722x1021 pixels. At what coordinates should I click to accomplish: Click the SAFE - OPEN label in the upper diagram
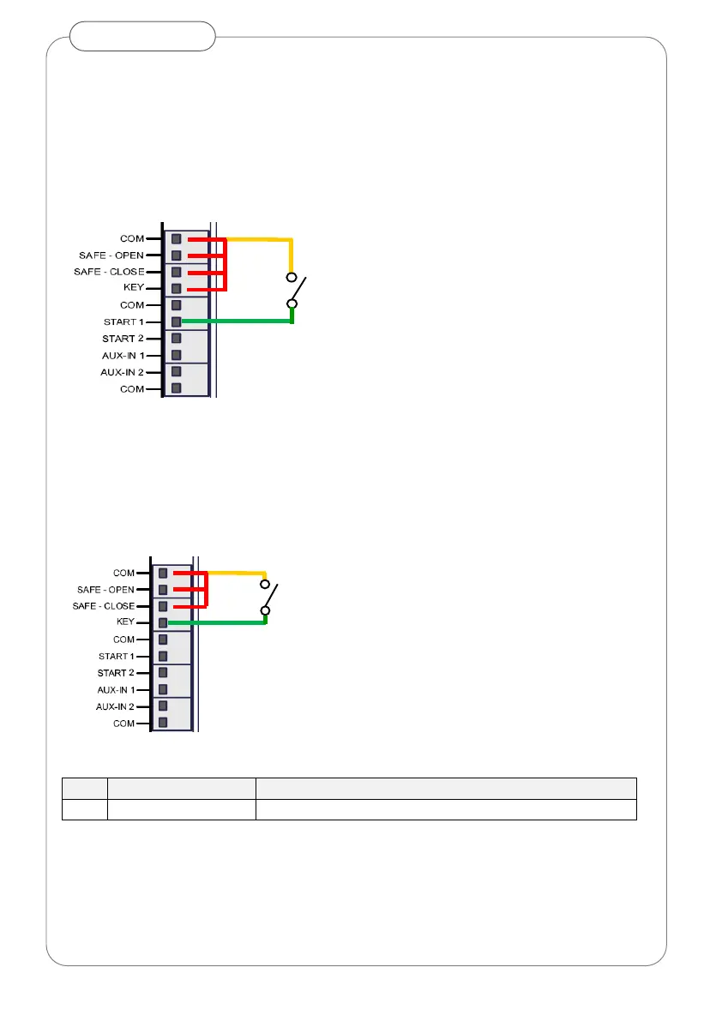click(111, 255)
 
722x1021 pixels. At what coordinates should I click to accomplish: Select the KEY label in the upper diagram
click(134, 287)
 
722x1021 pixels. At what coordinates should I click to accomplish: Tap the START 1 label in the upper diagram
click(123, 321)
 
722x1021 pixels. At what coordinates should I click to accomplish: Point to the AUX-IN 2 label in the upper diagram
click(123, 372)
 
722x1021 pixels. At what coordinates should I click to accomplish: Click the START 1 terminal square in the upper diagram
click(176, 321)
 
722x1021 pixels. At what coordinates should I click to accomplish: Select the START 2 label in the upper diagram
click(123, 339)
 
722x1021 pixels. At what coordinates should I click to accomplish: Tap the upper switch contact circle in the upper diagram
click(292, 278)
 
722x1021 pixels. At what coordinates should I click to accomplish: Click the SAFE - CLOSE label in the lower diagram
click(104, 606)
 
